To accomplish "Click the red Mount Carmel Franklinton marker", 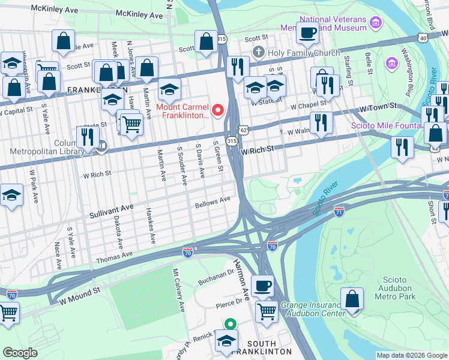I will [218, 110].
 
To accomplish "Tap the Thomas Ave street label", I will [113, 257].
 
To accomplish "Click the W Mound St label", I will [77, 294].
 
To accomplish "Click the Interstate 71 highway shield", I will [339, 213].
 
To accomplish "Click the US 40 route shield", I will [424, 38].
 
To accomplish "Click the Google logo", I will [20, 353].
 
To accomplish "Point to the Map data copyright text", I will [411, 355].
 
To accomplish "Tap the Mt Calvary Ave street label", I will [178, 290].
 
